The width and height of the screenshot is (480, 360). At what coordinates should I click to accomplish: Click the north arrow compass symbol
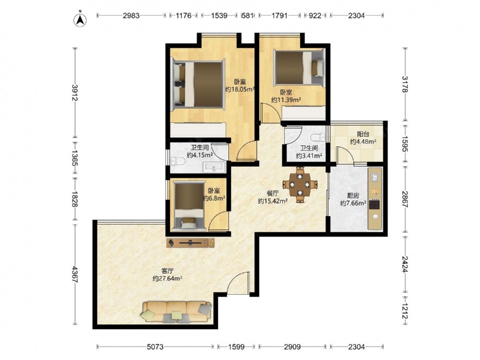point(80,19)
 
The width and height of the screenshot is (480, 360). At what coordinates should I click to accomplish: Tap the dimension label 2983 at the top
point(132,15)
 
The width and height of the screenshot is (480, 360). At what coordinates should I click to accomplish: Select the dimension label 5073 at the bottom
point(155,347)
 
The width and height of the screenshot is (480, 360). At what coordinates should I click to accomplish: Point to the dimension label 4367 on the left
point(74,274)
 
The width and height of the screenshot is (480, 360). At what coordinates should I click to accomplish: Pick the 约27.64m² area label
point(168,278)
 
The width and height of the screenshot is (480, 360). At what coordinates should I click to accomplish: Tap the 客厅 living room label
point(168,271)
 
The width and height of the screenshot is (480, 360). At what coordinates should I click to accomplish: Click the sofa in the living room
point(177,312)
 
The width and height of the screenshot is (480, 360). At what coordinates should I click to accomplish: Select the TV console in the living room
point(191,243)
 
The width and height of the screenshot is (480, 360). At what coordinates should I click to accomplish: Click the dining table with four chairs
point(300,185)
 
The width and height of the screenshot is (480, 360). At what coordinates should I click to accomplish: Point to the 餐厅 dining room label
point(273,193)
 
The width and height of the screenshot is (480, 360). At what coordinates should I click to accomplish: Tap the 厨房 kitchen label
point(353,195)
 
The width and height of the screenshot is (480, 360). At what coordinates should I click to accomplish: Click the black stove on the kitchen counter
point(374,204)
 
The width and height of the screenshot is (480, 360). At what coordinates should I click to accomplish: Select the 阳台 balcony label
point(363,134)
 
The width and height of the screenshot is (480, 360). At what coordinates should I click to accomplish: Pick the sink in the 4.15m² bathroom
point(214,167)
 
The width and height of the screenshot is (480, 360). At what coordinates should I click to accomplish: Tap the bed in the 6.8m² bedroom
point(189,206)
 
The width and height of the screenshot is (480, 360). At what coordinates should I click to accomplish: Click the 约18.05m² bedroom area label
point(240,89)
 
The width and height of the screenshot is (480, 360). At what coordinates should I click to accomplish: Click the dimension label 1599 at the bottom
point(236,347)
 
